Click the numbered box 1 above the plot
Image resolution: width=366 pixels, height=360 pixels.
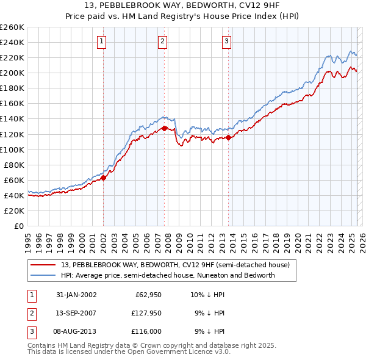click(x=101, y=41)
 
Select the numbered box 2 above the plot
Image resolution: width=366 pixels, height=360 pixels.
click(x=163, y=41)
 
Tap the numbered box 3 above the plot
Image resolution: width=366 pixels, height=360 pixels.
click(x=226, y=41)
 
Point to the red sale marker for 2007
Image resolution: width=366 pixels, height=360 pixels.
click(x=165, y=128)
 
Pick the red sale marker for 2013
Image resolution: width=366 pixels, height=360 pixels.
click(x=228, y=137)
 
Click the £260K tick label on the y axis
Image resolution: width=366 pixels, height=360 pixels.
click(x=12, y=27)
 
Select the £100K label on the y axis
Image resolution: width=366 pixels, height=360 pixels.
click(x=12, y=149)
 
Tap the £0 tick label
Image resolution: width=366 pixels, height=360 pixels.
click(x=18, y=226)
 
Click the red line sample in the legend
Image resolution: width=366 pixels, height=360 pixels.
click(x=43, y=265)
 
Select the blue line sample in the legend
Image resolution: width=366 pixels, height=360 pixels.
click(x=43, y=275)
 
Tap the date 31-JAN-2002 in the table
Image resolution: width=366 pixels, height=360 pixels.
click(x=76, y=295)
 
